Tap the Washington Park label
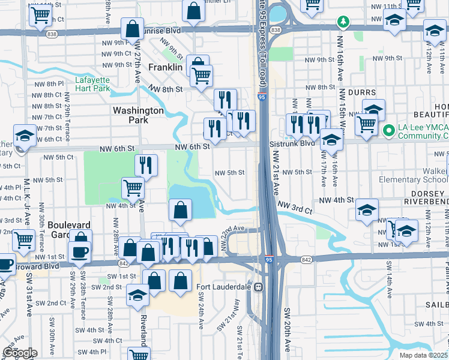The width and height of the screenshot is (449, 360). pyautogui.click(x=138, y=115)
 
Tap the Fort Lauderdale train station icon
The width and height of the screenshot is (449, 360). pyautogui.click(x=259, y=287)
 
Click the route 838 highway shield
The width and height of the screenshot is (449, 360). pyautogui.click(x=275, y=29)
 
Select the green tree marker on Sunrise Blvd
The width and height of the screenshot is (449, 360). pyautogui.click(x=343, y=23)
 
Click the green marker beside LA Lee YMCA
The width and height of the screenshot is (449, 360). pyautogui.click(x=388, y=129)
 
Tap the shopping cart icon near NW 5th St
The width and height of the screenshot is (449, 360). pyautogui.click(x=133, y=188)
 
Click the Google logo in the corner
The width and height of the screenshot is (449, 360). pyautogui.click(x=19, y=353)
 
